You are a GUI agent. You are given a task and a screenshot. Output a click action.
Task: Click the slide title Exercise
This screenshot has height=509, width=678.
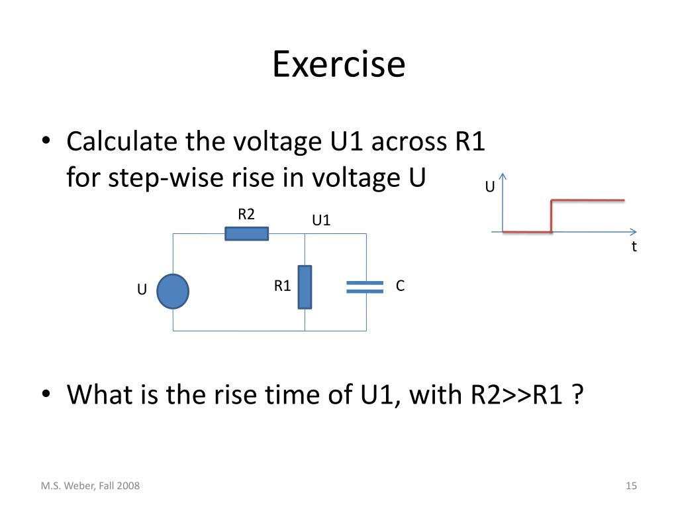[338, 65]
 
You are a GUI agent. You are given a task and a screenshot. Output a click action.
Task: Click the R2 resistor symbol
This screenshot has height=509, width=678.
[247, 233]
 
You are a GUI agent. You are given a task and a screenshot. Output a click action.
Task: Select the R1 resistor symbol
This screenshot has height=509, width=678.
[305, 287]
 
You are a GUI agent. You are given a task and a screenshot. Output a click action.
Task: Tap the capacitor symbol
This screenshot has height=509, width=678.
[365, 286]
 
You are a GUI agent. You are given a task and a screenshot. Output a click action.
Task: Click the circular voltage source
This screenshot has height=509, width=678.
[173, 292]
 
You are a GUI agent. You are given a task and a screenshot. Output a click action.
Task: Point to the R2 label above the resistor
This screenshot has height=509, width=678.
[246, 214]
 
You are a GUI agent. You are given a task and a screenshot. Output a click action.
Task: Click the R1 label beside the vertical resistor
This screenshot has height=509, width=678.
[283, 286]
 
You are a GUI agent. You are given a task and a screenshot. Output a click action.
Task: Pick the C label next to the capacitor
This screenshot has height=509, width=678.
[400, 286]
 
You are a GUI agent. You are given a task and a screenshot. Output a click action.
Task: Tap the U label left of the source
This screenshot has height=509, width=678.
[142, 290]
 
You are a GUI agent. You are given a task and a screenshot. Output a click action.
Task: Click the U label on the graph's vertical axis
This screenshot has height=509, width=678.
[490, 187]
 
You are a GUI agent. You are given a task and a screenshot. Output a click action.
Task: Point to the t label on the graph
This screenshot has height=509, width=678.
[634, 247]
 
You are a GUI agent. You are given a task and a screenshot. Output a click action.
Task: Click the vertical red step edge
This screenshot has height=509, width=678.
[552, 215]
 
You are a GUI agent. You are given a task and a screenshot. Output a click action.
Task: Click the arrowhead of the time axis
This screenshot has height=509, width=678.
[633, 232]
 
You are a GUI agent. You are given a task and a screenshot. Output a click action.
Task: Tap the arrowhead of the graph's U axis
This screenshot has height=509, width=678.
[504, 176]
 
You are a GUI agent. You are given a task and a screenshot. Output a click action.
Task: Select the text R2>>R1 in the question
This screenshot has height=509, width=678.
[518, 396]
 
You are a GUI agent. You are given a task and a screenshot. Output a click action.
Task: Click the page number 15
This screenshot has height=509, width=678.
[631, 486]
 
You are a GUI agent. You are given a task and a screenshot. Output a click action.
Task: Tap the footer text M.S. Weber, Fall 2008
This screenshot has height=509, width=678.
[90, 486]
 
